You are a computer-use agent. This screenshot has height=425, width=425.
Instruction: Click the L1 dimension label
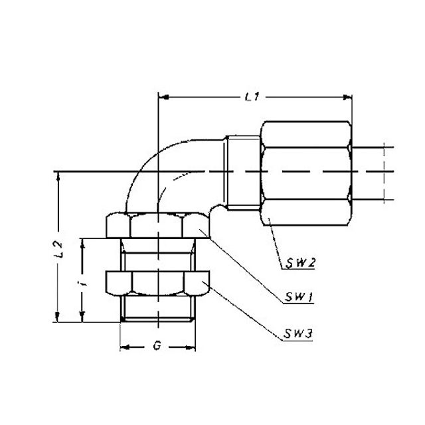tap(252, 97)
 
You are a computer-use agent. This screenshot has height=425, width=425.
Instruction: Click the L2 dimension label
tap(58, 249)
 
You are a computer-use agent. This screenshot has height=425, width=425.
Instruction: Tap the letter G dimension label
tap(157, 345)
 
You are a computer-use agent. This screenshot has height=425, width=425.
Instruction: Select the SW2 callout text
tap(299, 262)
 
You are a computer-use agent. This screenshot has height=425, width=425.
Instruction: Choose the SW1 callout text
tap(299, 297)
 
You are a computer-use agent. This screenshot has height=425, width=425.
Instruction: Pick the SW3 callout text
tap(298, 333)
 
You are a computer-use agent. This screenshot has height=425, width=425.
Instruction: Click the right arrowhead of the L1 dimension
tap(347, 98)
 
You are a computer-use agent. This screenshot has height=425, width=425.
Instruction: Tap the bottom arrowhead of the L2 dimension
tap(57, 317)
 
